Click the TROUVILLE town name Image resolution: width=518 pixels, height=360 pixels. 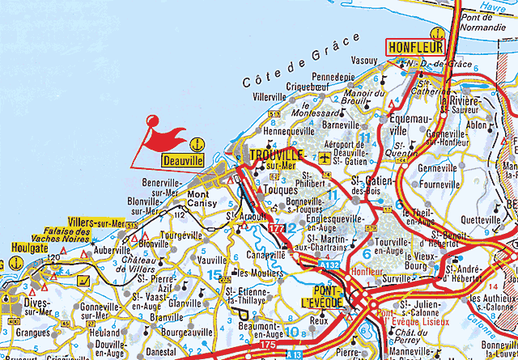pos(277,154)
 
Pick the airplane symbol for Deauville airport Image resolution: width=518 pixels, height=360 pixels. pos(325,155)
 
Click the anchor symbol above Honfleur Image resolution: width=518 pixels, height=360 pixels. pos(436,33)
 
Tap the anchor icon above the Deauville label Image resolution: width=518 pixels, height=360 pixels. pos(194,145)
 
